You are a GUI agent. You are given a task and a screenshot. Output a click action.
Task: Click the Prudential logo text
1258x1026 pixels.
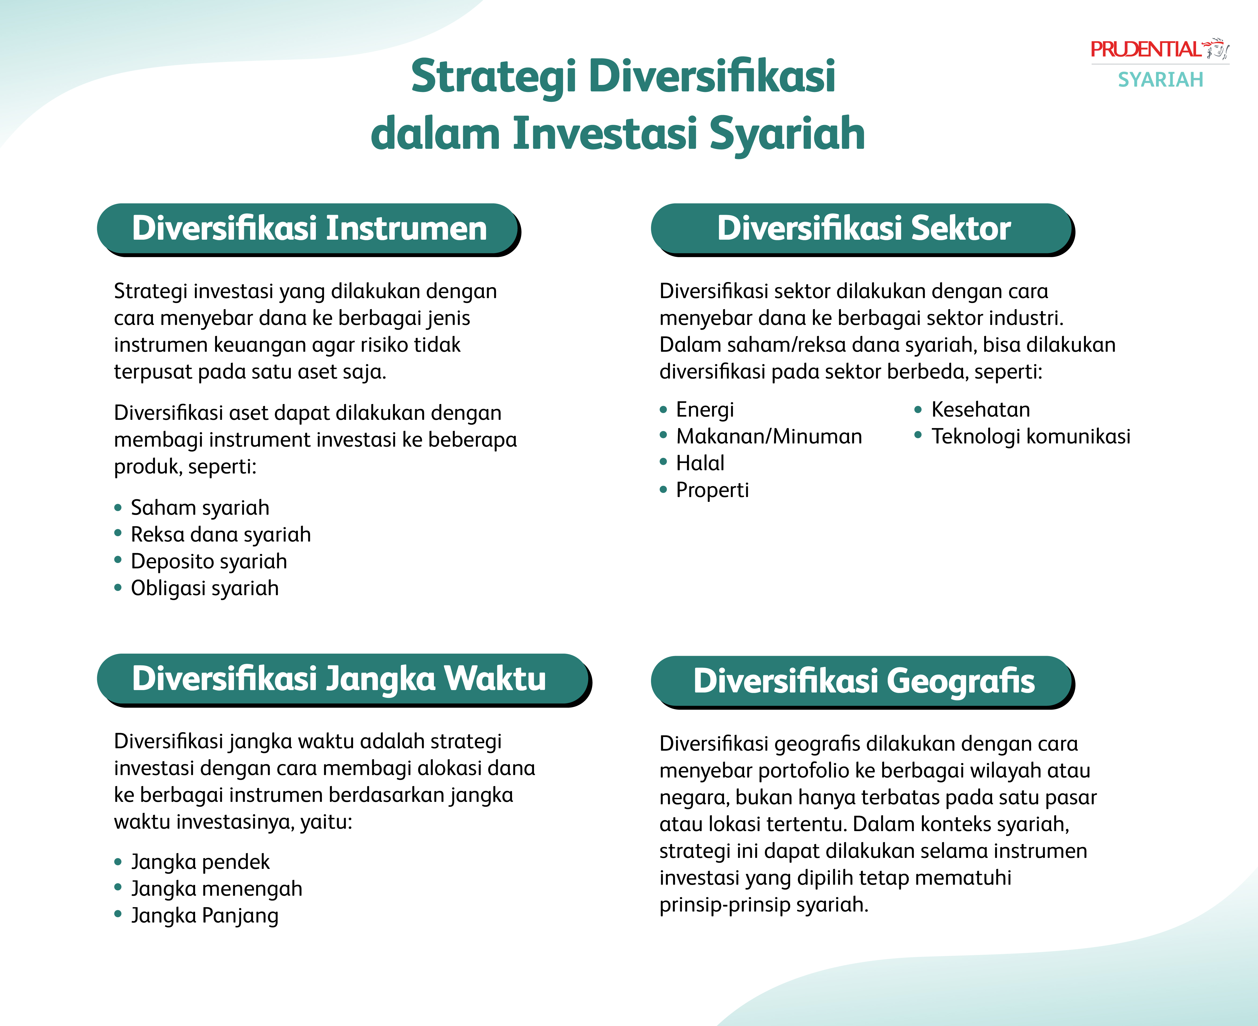pos(1146,50)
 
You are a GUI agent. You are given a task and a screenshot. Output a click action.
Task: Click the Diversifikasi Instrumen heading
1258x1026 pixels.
pos(309,229)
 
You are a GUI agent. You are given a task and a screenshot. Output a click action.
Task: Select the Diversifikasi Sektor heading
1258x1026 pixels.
pos(864,229)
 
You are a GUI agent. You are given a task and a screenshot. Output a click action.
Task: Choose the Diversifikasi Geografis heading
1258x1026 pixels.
pos(864,681)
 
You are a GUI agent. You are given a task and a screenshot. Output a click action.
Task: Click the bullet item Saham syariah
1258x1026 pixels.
pos(200,508)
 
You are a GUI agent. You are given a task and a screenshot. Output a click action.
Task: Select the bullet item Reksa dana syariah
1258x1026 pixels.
pos(221,534)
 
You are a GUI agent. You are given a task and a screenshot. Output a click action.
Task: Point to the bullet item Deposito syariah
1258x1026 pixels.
pos(209,561)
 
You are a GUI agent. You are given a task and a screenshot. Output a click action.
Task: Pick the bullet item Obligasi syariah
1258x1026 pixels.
pos(205,588)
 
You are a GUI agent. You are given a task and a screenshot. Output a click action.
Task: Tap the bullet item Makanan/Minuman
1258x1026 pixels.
pos(769,436)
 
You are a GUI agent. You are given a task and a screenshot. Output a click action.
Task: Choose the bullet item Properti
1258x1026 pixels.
pos(712,490)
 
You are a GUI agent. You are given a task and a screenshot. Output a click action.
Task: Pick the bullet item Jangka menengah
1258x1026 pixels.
pos(217,889)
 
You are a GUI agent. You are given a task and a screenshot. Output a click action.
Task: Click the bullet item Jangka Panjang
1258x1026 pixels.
pos(205,916)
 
